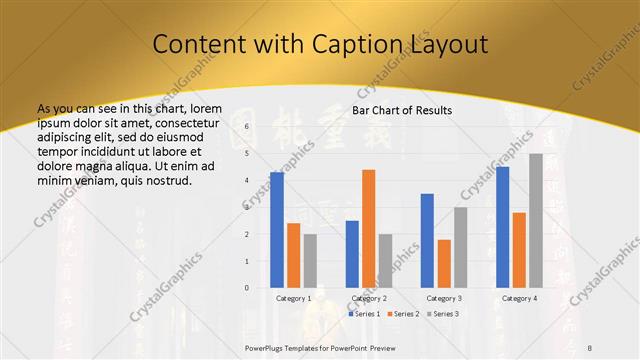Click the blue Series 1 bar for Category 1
point(277,230)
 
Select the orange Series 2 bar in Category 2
point(369,229)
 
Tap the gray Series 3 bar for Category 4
point(536,221)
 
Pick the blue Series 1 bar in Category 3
point(427,240)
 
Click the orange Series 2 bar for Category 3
point(444,263)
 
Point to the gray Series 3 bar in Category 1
point(310,260)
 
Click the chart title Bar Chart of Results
point(401,110)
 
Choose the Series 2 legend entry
point(402,314)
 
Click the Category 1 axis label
point(293,298)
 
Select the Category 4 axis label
point(519,298)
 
